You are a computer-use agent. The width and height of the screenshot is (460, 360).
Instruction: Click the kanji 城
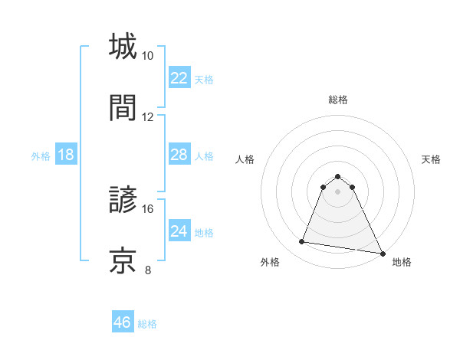coord(123,47)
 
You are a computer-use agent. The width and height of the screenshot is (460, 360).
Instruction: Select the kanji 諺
coord(123,200)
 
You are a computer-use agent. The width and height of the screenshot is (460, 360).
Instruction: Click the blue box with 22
coord(179,78)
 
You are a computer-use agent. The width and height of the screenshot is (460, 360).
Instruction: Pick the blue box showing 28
coord(179,155)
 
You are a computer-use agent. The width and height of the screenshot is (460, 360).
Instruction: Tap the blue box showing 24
coord(179,231)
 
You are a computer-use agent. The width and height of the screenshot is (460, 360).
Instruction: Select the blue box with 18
coord(66,155)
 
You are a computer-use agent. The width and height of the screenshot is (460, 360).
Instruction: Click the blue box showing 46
coord(123,322)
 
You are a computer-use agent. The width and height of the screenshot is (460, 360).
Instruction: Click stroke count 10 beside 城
coord(147,56)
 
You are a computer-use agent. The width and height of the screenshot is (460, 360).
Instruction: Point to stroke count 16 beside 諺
coord(147,208)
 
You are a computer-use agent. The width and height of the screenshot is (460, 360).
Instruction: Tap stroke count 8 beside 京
coord(147,270)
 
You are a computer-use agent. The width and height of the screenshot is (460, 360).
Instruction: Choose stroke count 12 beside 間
coord(147,116)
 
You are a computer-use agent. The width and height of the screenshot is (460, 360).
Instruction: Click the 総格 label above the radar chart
coord(338,100)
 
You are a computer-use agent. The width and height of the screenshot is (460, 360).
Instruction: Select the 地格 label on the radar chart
coord(402,262)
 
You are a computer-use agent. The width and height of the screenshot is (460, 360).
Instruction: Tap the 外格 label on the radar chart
coord(270,262)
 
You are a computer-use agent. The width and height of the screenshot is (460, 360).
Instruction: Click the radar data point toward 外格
coord(302,242)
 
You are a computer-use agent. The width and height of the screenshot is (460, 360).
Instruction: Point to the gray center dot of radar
coord(337,191)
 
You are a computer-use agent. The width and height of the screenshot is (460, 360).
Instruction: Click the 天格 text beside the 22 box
coord(204,79)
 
